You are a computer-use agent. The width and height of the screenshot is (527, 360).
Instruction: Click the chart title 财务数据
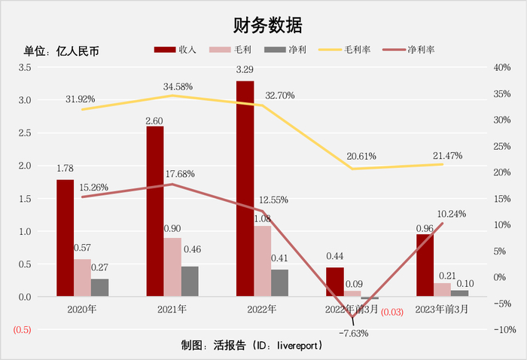click(263, 25)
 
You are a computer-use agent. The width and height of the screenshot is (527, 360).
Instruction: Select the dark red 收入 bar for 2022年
click(245, 188)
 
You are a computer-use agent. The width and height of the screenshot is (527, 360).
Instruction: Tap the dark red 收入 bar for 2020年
click(65, 238)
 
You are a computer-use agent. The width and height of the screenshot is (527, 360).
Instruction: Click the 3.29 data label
click(245, 70)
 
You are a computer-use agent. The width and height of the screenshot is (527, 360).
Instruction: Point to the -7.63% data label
click(353, 333)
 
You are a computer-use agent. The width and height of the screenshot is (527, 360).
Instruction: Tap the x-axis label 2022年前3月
click(352, 309)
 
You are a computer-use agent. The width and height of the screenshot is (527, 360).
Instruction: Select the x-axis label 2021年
click(172, 309)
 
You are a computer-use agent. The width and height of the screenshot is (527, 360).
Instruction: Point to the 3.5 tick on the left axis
click(24, 68)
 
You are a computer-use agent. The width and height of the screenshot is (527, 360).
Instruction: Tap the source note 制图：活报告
click(251, 346)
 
